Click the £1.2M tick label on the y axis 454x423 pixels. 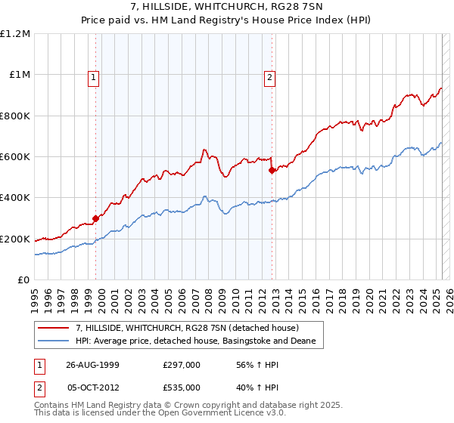15,34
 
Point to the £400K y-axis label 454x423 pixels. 15,198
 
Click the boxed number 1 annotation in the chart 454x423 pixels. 93,76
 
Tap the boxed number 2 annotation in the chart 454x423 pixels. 269,76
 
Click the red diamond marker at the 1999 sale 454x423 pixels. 96,219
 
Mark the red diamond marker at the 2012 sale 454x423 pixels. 272,171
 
